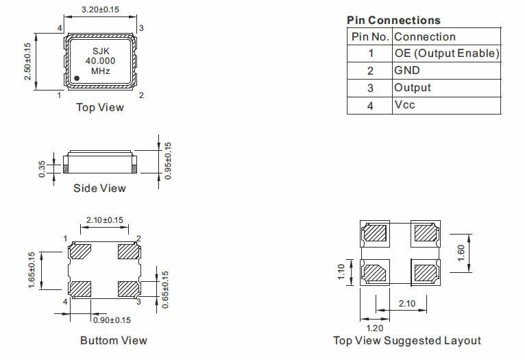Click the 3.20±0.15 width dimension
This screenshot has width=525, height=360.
tap(101, 10)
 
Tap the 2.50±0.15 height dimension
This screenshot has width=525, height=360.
tap(28, 62)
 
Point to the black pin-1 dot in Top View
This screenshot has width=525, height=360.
tap(77, 78)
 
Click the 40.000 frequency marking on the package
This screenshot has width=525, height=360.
tap(101, 61)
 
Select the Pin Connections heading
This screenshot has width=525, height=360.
tap(393, 21)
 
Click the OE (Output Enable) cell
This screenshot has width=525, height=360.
tap(446, 53)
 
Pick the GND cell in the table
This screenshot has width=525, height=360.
tap(407, 71)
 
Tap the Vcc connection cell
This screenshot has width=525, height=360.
tap(404, 105)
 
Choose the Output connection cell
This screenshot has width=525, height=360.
tap(413, 88)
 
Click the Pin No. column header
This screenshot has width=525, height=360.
tap(370, 37)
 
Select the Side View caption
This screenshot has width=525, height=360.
tap(100, 188)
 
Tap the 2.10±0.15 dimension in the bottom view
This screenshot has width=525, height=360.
tap(104, 220)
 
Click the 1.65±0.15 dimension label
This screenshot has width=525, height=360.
tap(32, 270)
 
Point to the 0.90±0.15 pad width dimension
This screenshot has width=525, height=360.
tap(112, 320)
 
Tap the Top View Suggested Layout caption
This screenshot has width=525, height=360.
tap(407, 341)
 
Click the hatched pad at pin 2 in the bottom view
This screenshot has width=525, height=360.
tap(128, 252)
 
